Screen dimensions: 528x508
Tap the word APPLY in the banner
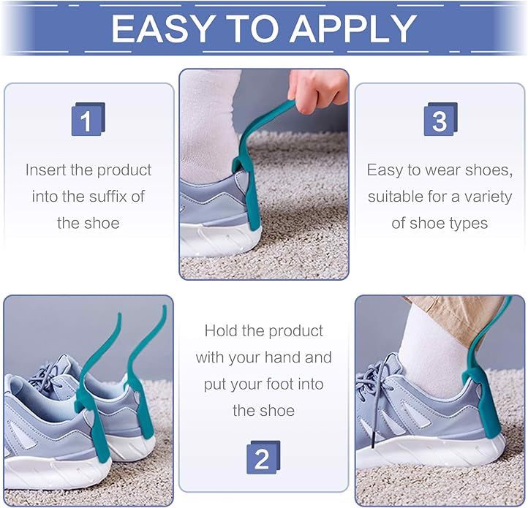click(x=353, y=29)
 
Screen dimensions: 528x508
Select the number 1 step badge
click(x=88, y=119)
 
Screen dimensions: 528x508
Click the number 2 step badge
click(x=263, y=457)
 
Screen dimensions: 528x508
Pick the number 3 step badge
click(x=440, y=119)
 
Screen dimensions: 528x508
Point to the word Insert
click(x=46, y=170)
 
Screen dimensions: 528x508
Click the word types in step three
click(x=471, y=224)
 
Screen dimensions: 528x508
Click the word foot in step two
click(x=278, y=384)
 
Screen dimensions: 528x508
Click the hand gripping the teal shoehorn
click(x=317, y=88)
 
